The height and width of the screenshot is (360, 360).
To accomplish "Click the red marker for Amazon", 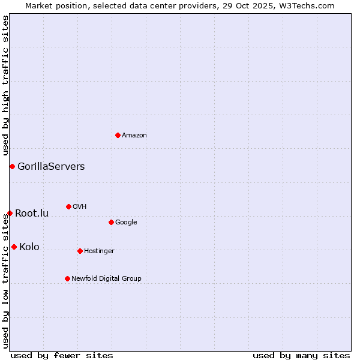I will (x=118, y=135).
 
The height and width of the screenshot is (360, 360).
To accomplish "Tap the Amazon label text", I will (x=134, y=136).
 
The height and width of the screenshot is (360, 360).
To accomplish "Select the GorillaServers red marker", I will (x=12, y=166).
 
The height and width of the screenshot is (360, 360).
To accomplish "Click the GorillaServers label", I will (x=51, y=167).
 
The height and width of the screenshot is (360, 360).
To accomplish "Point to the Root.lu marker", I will (x=10, y=213).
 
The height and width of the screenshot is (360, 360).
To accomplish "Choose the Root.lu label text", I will (x=32, y=214).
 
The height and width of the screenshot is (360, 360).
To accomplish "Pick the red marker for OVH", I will (x=68, y=206).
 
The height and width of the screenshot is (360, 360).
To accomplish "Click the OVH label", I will (x=80, y=207).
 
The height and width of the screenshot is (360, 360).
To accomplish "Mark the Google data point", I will (x=111, y=222).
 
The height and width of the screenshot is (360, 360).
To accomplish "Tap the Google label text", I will (x=126, y=223).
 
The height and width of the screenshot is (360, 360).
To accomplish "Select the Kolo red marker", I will (x=14, y=247).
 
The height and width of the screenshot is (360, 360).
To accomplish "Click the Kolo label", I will (x=29, y=247).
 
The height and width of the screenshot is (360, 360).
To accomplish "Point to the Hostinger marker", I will (x=80, y=251).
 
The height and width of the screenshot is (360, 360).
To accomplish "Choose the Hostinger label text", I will (x=99, y=251).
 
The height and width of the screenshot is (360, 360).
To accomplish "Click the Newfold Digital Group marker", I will (x=67, y=278).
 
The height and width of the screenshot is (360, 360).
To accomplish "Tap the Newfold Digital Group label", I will (x=106, y=279).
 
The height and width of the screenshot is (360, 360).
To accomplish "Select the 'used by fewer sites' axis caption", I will (x=62, y=355).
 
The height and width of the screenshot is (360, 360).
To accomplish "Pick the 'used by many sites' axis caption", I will (x=301, y=355).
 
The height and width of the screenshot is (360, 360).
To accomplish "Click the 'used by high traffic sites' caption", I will (x=6, y=85).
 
